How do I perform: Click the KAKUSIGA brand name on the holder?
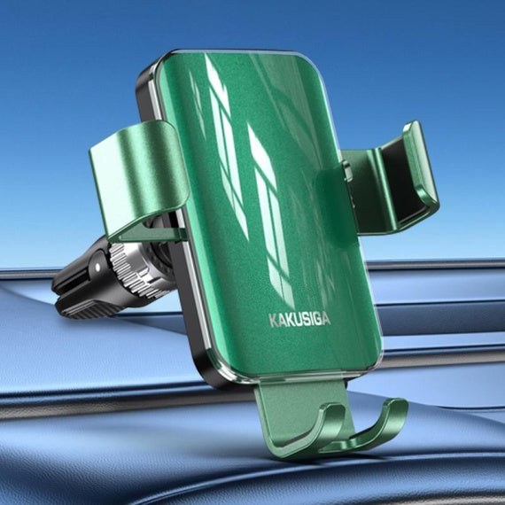299,320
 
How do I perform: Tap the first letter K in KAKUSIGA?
273,321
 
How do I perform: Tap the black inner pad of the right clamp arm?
401,181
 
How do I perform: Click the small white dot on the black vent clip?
97,267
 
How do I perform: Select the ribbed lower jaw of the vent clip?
85,309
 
